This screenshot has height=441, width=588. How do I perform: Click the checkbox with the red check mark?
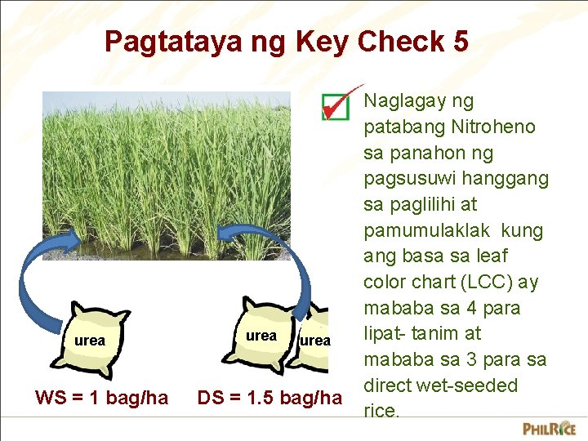[x=335, y=105]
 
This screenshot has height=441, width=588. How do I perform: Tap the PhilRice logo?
[x=549, y=427]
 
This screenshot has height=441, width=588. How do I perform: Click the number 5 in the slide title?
[x=459, y=41]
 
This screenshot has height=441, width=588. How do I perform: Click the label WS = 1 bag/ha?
[x=102, y=398]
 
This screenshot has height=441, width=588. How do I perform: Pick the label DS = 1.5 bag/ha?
[x=269, y=398]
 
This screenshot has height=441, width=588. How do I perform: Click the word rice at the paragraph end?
[x=380, y=411]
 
